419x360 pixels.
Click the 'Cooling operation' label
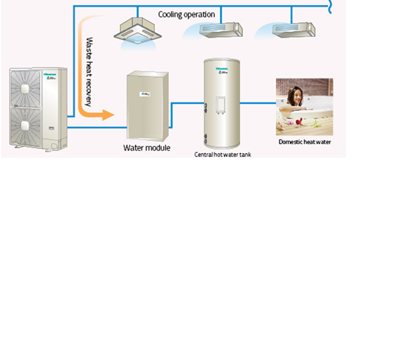click(187, 14)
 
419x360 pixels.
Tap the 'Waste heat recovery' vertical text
click(89, 72)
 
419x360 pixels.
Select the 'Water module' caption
click(147, 148)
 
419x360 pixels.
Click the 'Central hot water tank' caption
click(222, 154)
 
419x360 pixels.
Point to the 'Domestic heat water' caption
click(304, 142)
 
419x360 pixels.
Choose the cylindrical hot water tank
click(222, 102)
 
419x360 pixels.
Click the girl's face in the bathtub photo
click(295, 95)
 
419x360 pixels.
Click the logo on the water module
click(145, 94)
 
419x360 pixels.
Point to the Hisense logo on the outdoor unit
click(47, 76)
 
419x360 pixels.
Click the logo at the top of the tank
click(222, 70)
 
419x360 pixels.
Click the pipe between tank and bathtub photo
click(258, 104)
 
